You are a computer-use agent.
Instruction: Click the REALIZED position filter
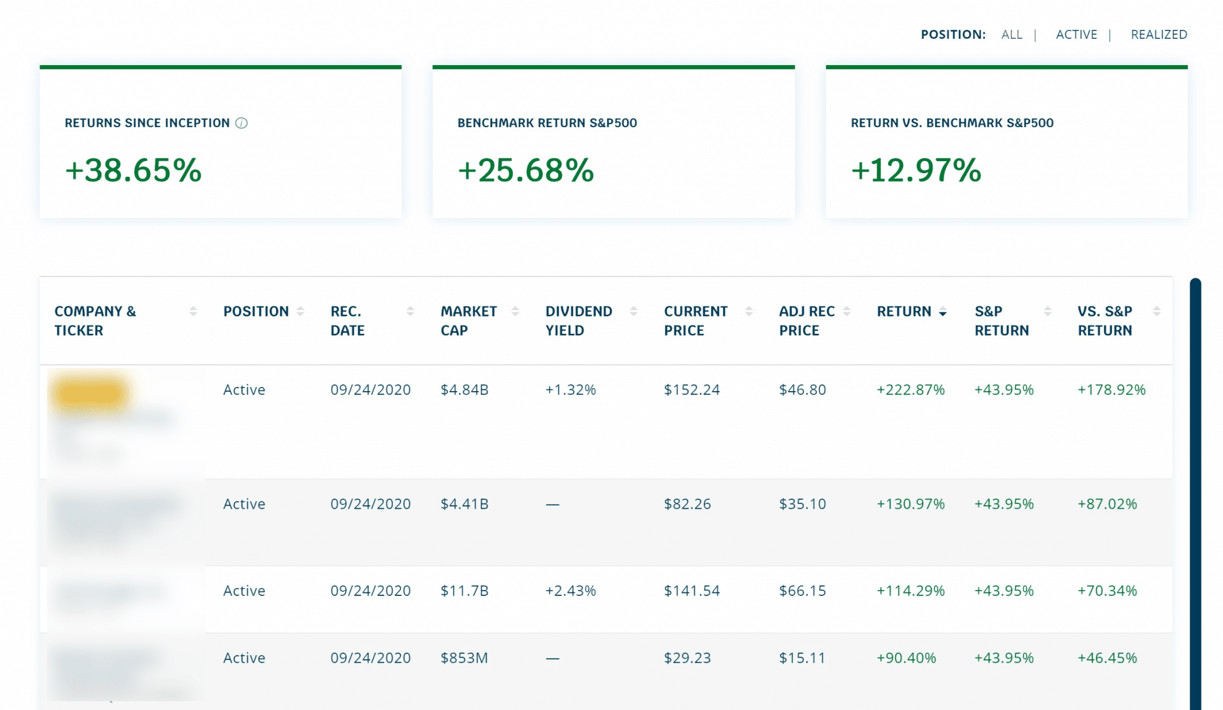click(x=1159, y=35)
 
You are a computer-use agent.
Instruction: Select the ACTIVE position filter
click(x=1076, y=35)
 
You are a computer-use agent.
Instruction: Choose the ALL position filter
click(x=1012, y=35)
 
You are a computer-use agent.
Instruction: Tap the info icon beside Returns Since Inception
click(x=241, y=123)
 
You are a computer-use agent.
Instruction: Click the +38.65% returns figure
click(x=133, y=170)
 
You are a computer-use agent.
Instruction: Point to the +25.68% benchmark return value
click(x=526, y=170)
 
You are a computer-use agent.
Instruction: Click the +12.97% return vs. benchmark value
click(x=915, y=170)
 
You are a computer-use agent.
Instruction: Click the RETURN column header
click(x=904, y=311)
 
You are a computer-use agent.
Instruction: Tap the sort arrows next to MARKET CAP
click(x=515, y=311)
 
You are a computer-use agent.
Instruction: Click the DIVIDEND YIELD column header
click(x=578, y=320)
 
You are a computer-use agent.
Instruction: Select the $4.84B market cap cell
click(x=464, y=390)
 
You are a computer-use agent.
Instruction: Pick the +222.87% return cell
click(x=910, y=390)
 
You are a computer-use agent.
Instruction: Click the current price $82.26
click(x=687, y=504)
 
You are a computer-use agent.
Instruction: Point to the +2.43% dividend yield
click(x=570, y=591)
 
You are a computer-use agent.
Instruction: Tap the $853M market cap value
click(x=464, y=658)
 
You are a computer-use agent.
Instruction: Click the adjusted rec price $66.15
click(x=802, y=591)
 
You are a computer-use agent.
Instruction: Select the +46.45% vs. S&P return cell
click(x=1107, y=658)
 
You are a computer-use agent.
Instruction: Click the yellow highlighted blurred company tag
click(x=90, y=393)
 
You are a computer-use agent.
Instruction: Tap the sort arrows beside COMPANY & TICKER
click(x=193, y=311)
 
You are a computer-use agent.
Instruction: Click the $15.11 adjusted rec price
click(x=802, y=658)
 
